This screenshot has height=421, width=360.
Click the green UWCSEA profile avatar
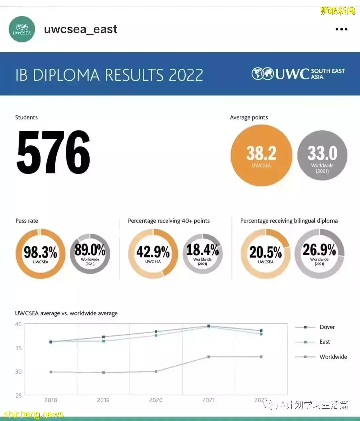click(22, 29)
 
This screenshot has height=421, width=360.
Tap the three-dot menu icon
click(341, 29)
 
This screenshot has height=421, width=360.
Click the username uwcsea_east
click(80, 29)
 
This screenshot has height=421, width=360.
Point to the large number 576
click(53, 152)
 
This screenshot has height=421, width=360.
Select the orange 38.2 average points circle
click(261, 155)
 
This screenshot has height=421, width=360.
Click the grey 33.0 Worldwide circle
click(322, 155)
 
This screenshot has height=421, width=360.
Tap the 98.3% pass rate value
click(40, 252)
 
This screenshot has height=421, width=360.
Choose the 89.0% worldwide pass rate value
click(90, 250)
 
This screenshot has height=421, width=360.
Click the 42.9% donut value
click(153, 252)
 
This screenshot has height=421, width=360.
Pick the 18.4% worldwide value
click(202, 250)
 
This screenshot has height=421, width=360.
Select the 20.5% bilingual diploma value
click(266, 252)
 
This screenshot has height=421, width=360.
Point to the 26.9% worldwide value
click(319, 250)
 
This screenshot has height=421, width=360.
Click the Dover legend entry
click(327, 327)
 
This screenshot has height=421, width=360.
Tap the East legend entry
click(324, 342)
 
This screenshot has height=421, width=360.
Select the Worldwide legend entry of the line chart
click(333, 357)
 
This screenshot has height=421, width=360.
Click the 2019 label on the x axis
click(103, 400)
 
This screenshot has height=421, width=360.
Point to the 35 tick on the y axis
click(18, 348)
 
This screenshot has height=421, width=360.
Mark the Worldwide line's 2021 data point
click(209, 357)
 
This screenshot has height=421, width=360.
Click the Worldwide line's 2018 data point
click(51, 372)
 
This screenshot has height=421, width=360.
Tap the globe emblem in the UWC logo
click(262, 74)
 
